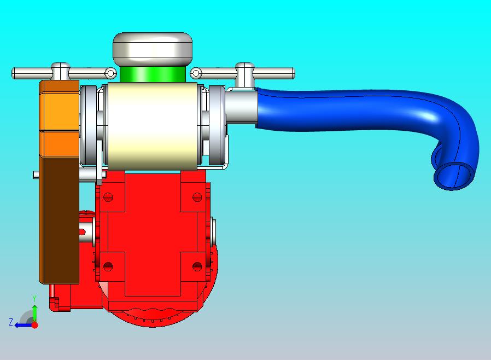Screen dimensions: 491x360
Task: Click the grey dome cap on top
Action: tap(153, 49)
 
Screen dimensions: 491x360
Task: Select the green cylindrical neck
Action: tap(153, 74)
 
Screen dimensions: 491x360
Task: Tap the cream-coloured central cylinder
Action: tap(153, 126)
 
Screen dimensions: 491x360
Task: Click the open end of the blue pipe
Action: tap(454, 176)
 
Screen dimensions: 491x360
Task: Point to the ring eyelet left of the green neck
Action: tap(110, 74)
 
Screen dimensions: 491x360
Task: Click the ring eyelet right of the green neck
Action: tap(196, 74)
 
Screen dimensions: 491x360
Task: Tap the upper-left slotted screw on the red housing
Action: tap(108, 198)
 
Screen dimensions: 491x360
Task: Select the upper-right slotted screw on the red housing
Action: tap(197, 198)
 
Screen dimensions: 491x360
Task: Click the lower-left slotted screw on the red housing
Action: tap(108, 266)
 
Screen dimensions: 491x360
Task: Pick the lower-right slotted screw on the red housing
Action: tap(197, 266)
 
